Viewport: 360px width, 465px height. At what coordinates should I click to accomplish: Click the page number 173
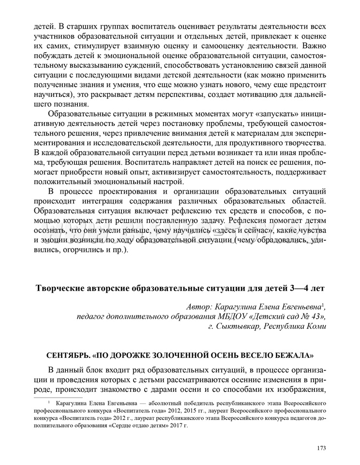point(322,448)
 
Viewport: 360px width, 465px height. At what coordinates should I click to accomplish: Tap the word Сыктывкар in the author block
point(233,326)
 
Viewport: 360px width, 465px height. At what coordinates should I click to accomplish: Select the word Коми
point(315,326)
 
